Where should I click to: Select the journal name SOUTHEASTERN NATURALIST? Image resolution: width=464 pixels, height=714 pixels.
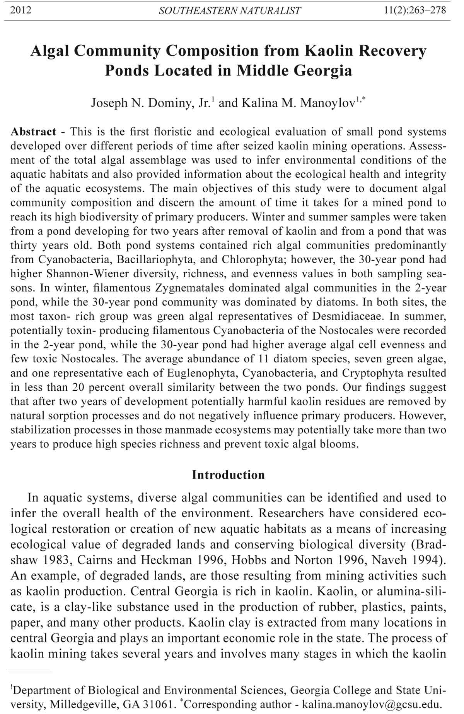tap(230, 11)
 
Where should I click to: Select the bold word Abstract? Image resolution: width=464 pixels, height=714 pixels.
tap(33, 132)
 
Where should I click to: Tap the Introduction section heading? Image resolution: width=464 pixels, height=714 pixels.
tap(228, 475)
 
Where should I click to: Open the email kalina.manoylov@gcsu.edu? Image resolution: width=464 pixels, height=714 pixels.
tap(371, 704)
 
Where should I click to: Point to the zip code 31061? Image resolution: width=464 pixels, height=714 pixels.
tap(160, 704)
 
